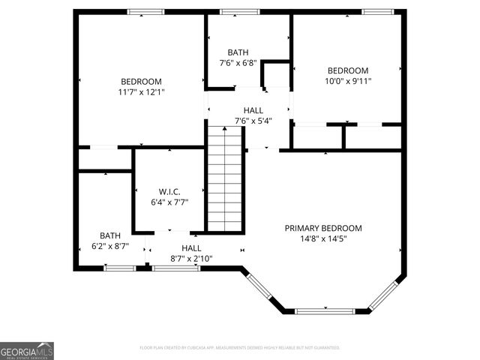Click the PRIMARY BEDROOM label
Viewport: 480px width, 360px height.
[322, 228]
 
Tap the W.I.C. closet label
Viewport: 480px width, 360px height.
[169, 192]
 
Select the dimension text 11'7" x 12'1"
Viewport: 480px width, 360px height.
[141, 92]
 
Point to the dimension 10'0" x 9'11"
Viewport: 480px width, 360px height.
[347, 81]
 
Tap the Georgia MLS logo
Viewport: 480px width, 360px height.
[27, 351]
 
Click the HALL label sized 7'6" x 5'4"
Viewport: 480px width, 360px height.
[232, 111]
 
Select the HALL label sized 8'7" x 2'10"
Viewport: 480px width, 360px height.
[191, 248]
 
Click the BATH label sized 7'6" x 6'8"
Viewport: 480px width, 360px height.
[238, 52]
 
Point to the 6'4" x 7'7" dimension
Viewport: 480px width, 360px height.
[169, 202]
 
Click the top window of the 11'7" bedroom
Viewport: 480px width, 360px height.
[145, 11]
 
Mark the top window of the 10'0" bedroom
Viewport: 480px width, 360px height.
[377, 11]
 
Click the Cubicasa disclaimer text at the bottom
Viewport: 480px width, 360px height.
[240, 347]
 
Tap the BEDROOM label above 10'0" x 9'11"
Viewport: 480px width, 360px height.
[347, 70]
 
